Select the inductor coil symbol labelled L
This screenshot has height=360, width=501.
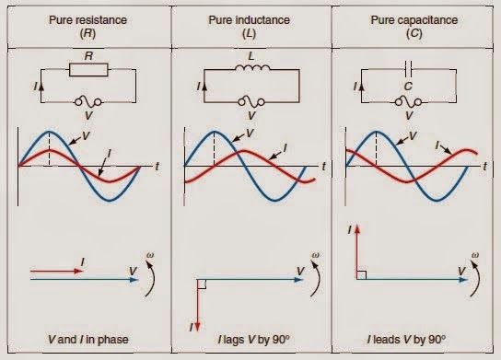click(251, 67)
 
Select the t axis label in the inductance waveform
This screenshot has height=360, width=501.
click(324, 165)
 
